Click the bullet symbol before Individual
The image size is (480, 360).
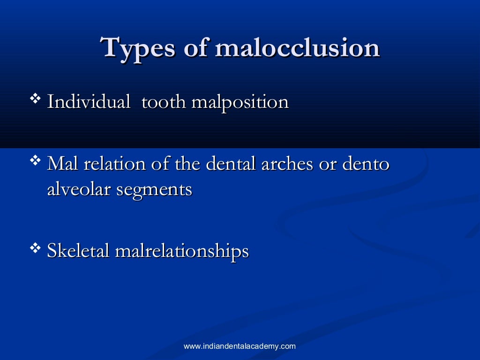pos(35,99)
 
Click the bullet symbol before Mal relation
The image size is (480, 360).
pos(35,161)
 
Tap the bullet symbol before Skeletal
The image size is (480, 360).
pos(35,248)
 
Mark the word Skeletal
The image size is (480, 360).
pos(78,251)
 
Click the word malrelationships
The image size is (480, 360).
pos(182,252)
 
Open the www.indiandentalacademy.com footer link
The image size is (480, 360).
pos(240,346)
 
